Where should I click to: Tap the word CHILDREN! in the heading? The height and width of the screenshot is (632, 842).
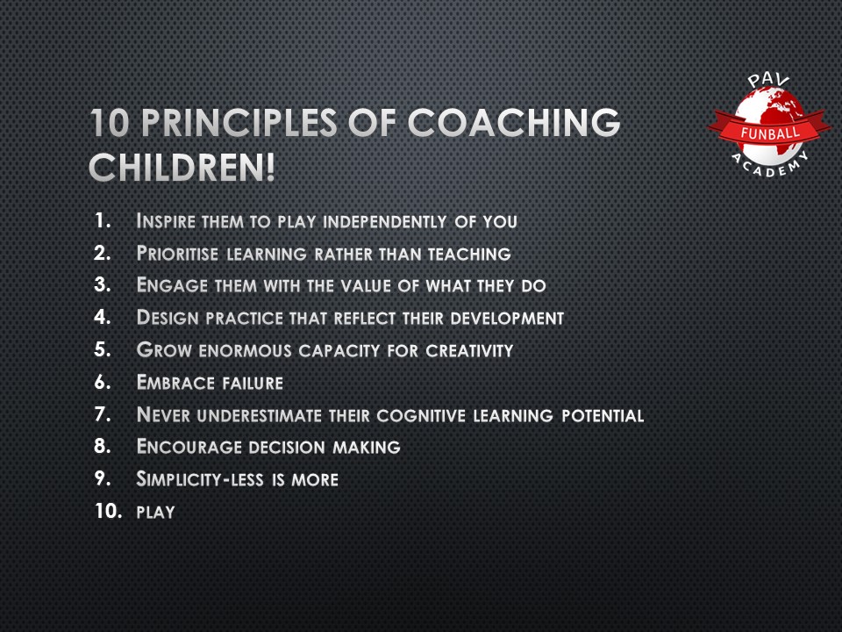(182, 167)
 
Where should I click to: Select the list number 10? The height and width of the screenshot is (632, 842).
(108, 512)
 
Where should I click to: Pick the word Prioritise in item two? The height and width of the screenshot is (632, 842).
(178, 255)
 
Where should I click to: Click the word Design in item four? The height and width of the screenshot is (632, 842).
(164, 319)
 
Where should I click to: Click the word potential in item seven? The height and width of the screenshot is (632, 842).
(604, 415)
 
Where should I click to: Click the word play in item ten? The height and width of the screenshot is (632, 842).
(156, 513)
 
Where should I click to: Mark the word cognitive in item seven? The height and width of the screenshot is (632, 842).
(426, 415)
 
